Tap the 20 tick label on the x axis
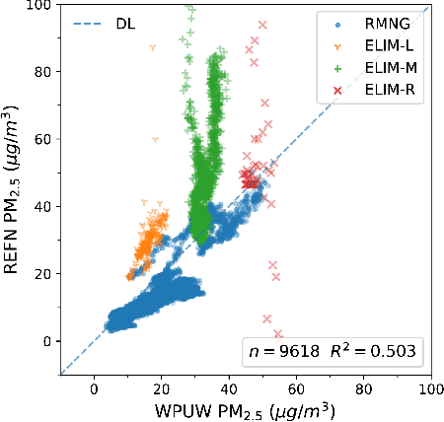click(162, 388)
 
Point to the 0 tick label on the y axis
click(46, 340)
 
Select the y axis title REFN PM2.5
click(14, 189)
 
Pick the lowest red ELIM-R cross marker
click(278, 333)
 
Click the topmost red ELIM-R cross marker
click(261, 24)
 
